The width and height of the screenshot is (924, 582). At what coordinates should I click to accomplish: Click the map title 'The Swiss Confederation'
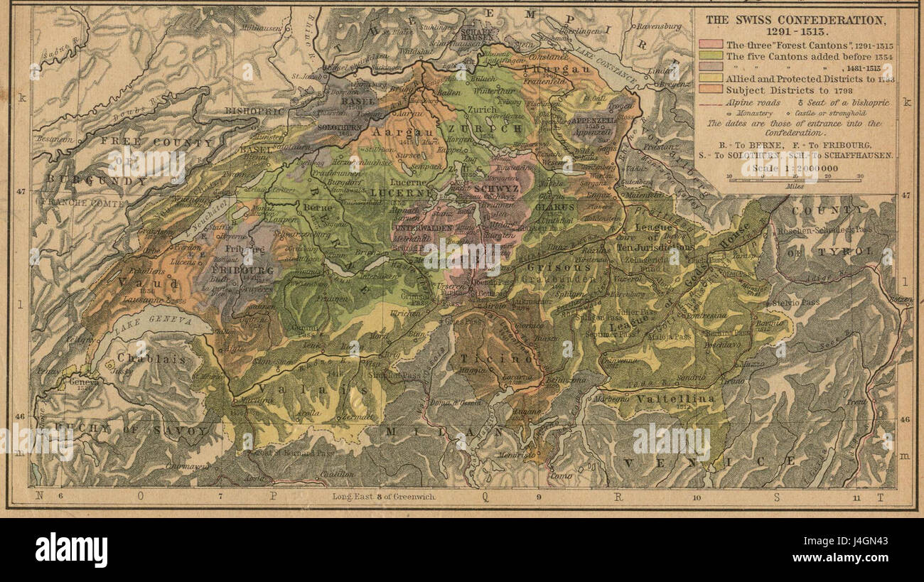pyautogui.click(x=795, y=20)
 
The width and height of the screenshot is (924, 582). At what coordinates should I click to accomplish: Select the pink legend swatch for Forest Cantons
pyautogui.click(x=713, y=44)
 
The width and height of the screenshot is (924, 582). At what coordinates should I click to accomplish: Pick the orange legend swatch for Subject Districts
pyautogui.click(x=713, y=90)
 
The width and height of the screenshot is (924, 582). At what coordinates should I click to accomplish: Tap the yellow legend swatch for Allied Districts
pyautogui.click(x=713, y=79)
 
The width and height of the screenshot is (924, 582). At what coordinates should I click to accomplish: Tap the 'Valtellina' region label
pyautogui.click(x=675, y=399)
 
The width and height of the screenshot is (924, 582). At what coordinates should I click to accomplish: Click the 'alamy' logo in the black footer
pyautogui.click(x=72, y=550)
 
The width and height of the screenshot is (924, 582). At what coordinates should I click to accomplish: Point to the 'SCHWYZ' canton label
pyautogui.click(x=496, y=189)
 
